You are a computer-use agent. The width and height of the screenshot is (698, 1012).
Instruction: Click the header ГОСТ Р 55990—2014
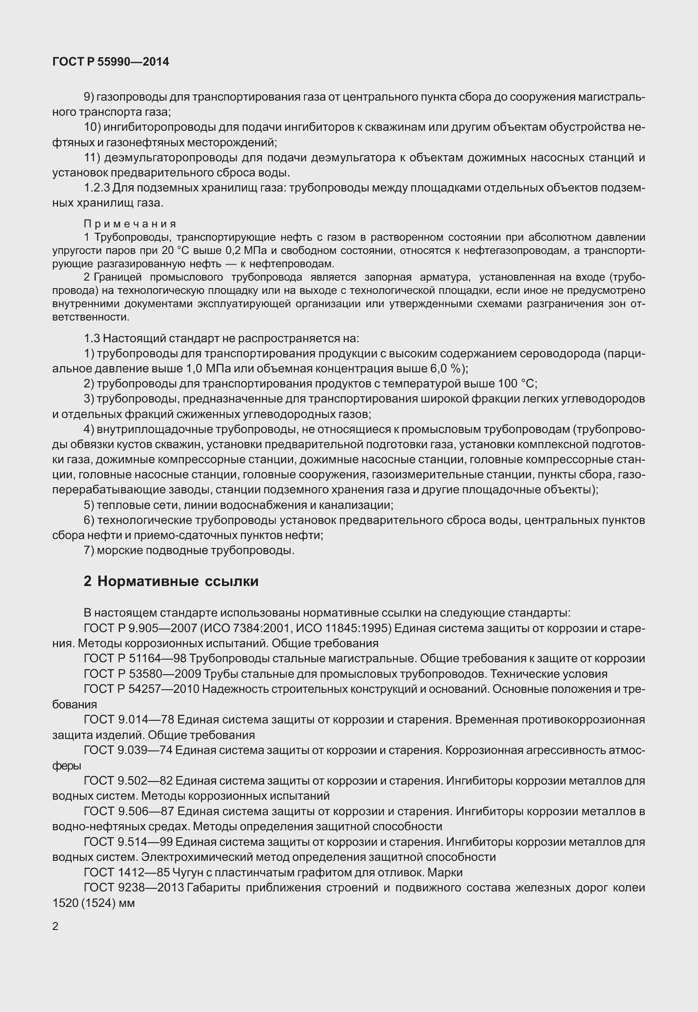click(x=110, y=62)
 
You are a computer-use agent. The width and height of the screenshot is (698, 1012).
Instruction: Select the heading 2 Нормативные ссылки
click(x=171, y=581)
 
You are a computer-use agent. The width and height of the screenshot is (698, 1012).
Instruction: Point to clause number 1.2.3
click(x=97, y=188)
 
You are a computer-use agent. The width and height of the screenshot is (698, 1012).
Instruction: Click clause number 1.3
click(x=92, y=339)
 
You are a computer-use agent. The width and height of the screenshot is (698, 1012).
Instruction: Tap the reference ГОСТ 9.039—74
click(x=129, y=750)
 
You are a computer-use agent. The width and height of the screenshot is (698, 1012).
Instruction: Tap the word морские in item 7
click(x=120, y=551)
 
